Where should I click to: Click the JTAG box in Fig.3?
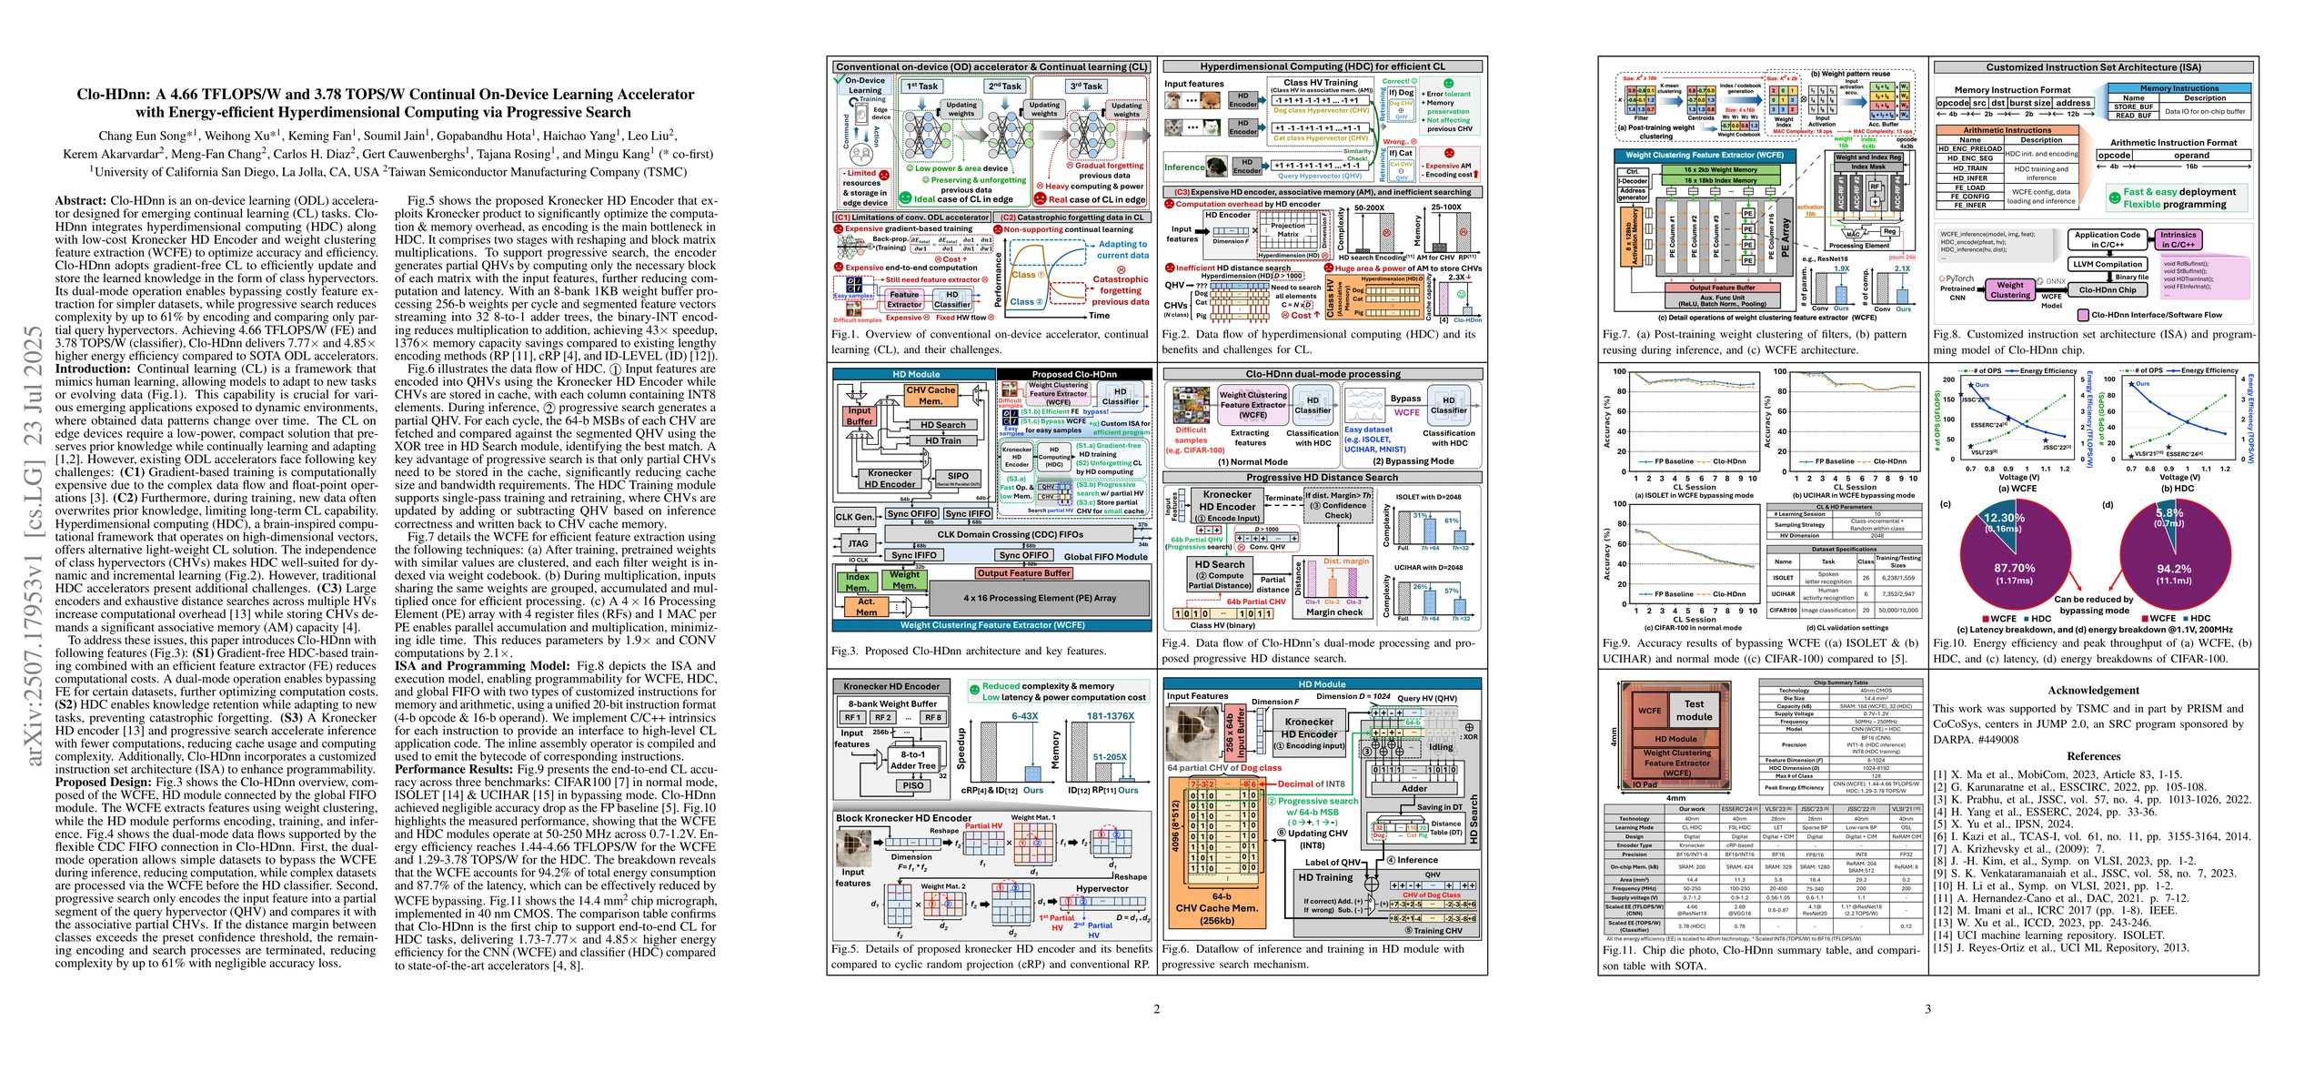(858, 544)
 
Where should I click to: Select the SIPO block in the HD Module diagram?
(958, 476)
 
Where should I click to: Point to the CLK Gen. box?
(855, 517)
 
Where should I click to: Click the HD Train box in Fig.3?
(943, 440)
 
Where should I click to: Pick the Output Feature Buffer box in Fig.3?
(1024, 573)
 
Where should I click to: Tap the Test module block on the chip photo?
(1694, 710)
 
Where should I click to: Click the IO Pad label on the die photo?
(1645, 784)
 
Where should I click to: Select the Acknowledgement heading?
(2093, 691)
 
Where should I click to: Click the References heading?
(2093, 756)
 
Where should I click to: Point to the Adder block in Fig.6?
(1414, 789)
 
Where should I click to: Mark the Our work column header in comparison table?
(1692, 809)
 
